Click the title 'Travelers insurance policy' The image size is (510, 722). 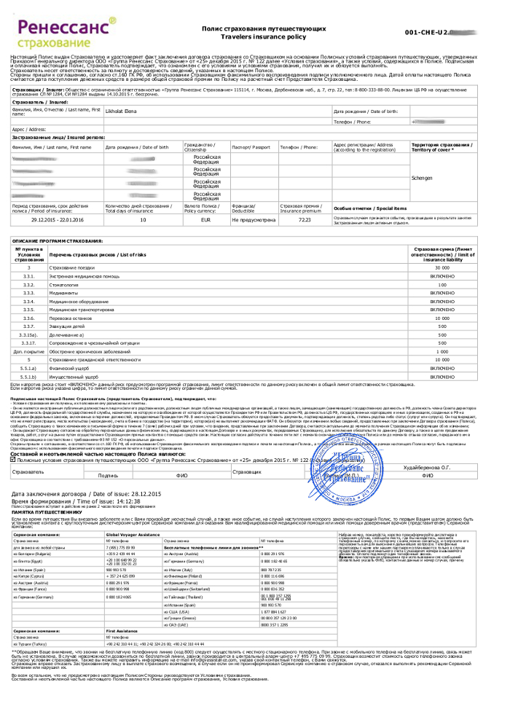click(x=264, y=34)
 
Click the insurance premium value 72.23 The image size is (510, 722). click(x=305, y=219)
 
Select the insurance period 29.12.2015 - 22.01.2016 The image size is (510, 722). click(x=56, y=219)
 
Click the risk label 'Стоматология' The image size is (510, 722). click(x=85, y=284)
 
